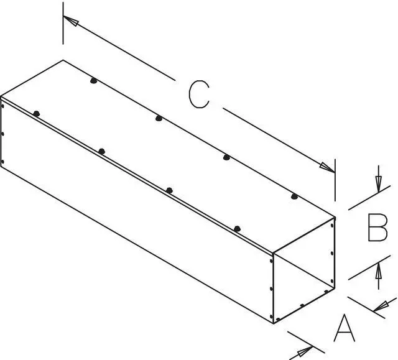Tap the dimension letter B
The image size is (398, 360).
click(x=377, y=228)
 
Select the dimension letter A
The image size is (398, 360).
click(x=344, y=328)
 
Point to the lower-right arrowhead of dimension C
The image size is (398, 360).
click(x=327, y=168)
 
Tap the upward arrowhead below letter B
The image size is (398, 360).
click(x=379, y=271)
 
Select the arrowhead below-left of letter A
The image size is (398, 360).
click(x=305, y=351)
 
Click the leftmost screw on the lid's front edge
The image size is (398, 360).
click(x=37, y=114)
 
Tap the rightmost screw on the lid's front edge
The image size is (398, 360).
click(x=237, y=229)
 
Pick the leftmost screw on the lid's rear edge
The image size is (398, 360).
click(x=94, y=81)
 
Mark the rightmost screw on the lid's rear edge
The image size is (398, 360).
click(x=294, y=196)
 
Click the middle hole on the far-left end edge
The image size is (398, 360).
click(x=2, y=134)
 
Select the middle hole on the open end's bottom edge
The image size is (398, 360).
click(x=302, y=305)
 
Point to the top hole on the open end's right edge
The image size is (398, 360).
click(x=332, y=224)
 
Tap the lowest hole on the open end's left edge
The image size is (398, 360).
click(x=271, y=316)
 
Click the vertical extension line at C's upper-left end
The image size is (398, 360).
click(x=63, y=24)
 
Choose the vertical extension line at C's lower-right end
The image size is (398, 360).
click(x=335, y=180)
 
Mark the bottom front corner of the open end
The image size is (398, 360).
click(x=274, y=323)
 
